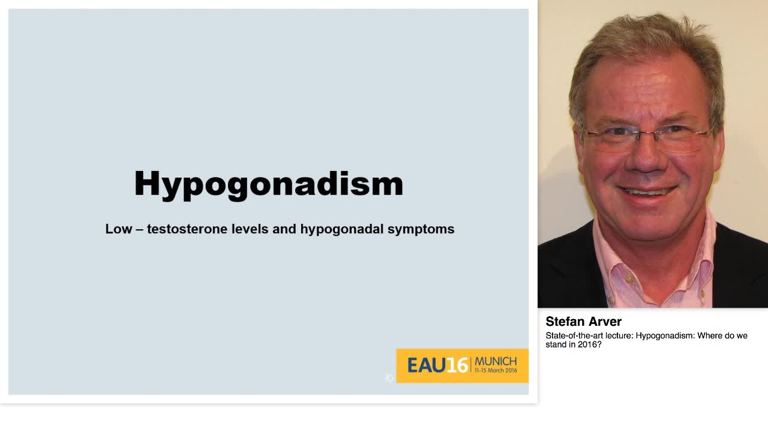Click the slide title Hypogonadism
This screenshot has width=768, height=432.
[x=268, y=184]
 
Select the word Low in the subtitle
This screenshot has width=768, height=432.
[x=118, y=229]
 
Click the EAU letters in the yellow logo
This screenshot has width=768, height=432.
[x=427, y=365]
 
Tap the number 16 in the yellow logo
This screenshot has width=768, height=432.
[x=457, y=365]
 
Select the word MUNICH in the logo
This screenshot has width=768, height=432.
[x=496, y=361]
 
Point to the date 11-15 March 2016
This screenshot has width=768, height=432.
[x=496, y=371]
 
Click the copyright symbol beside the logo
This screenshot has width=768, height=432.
[x=389, y=377]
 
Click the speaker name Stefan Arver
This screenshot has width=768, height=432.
[x=583, y=322]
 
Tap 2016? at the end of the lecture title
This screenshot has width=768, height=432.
[x=590, y=345]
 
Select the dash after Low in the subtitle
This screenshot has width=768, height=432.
[x=139, y=229]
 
